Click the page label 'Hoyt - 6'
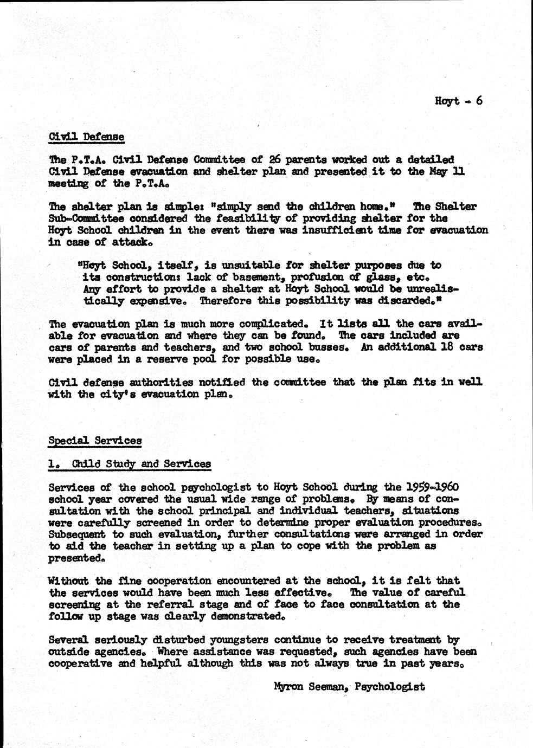click(458, 101)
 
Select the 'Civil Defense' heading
click(86, 136)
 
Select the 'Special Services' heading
click(95, 440)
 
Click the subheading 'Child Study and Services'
click(141, 464)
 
